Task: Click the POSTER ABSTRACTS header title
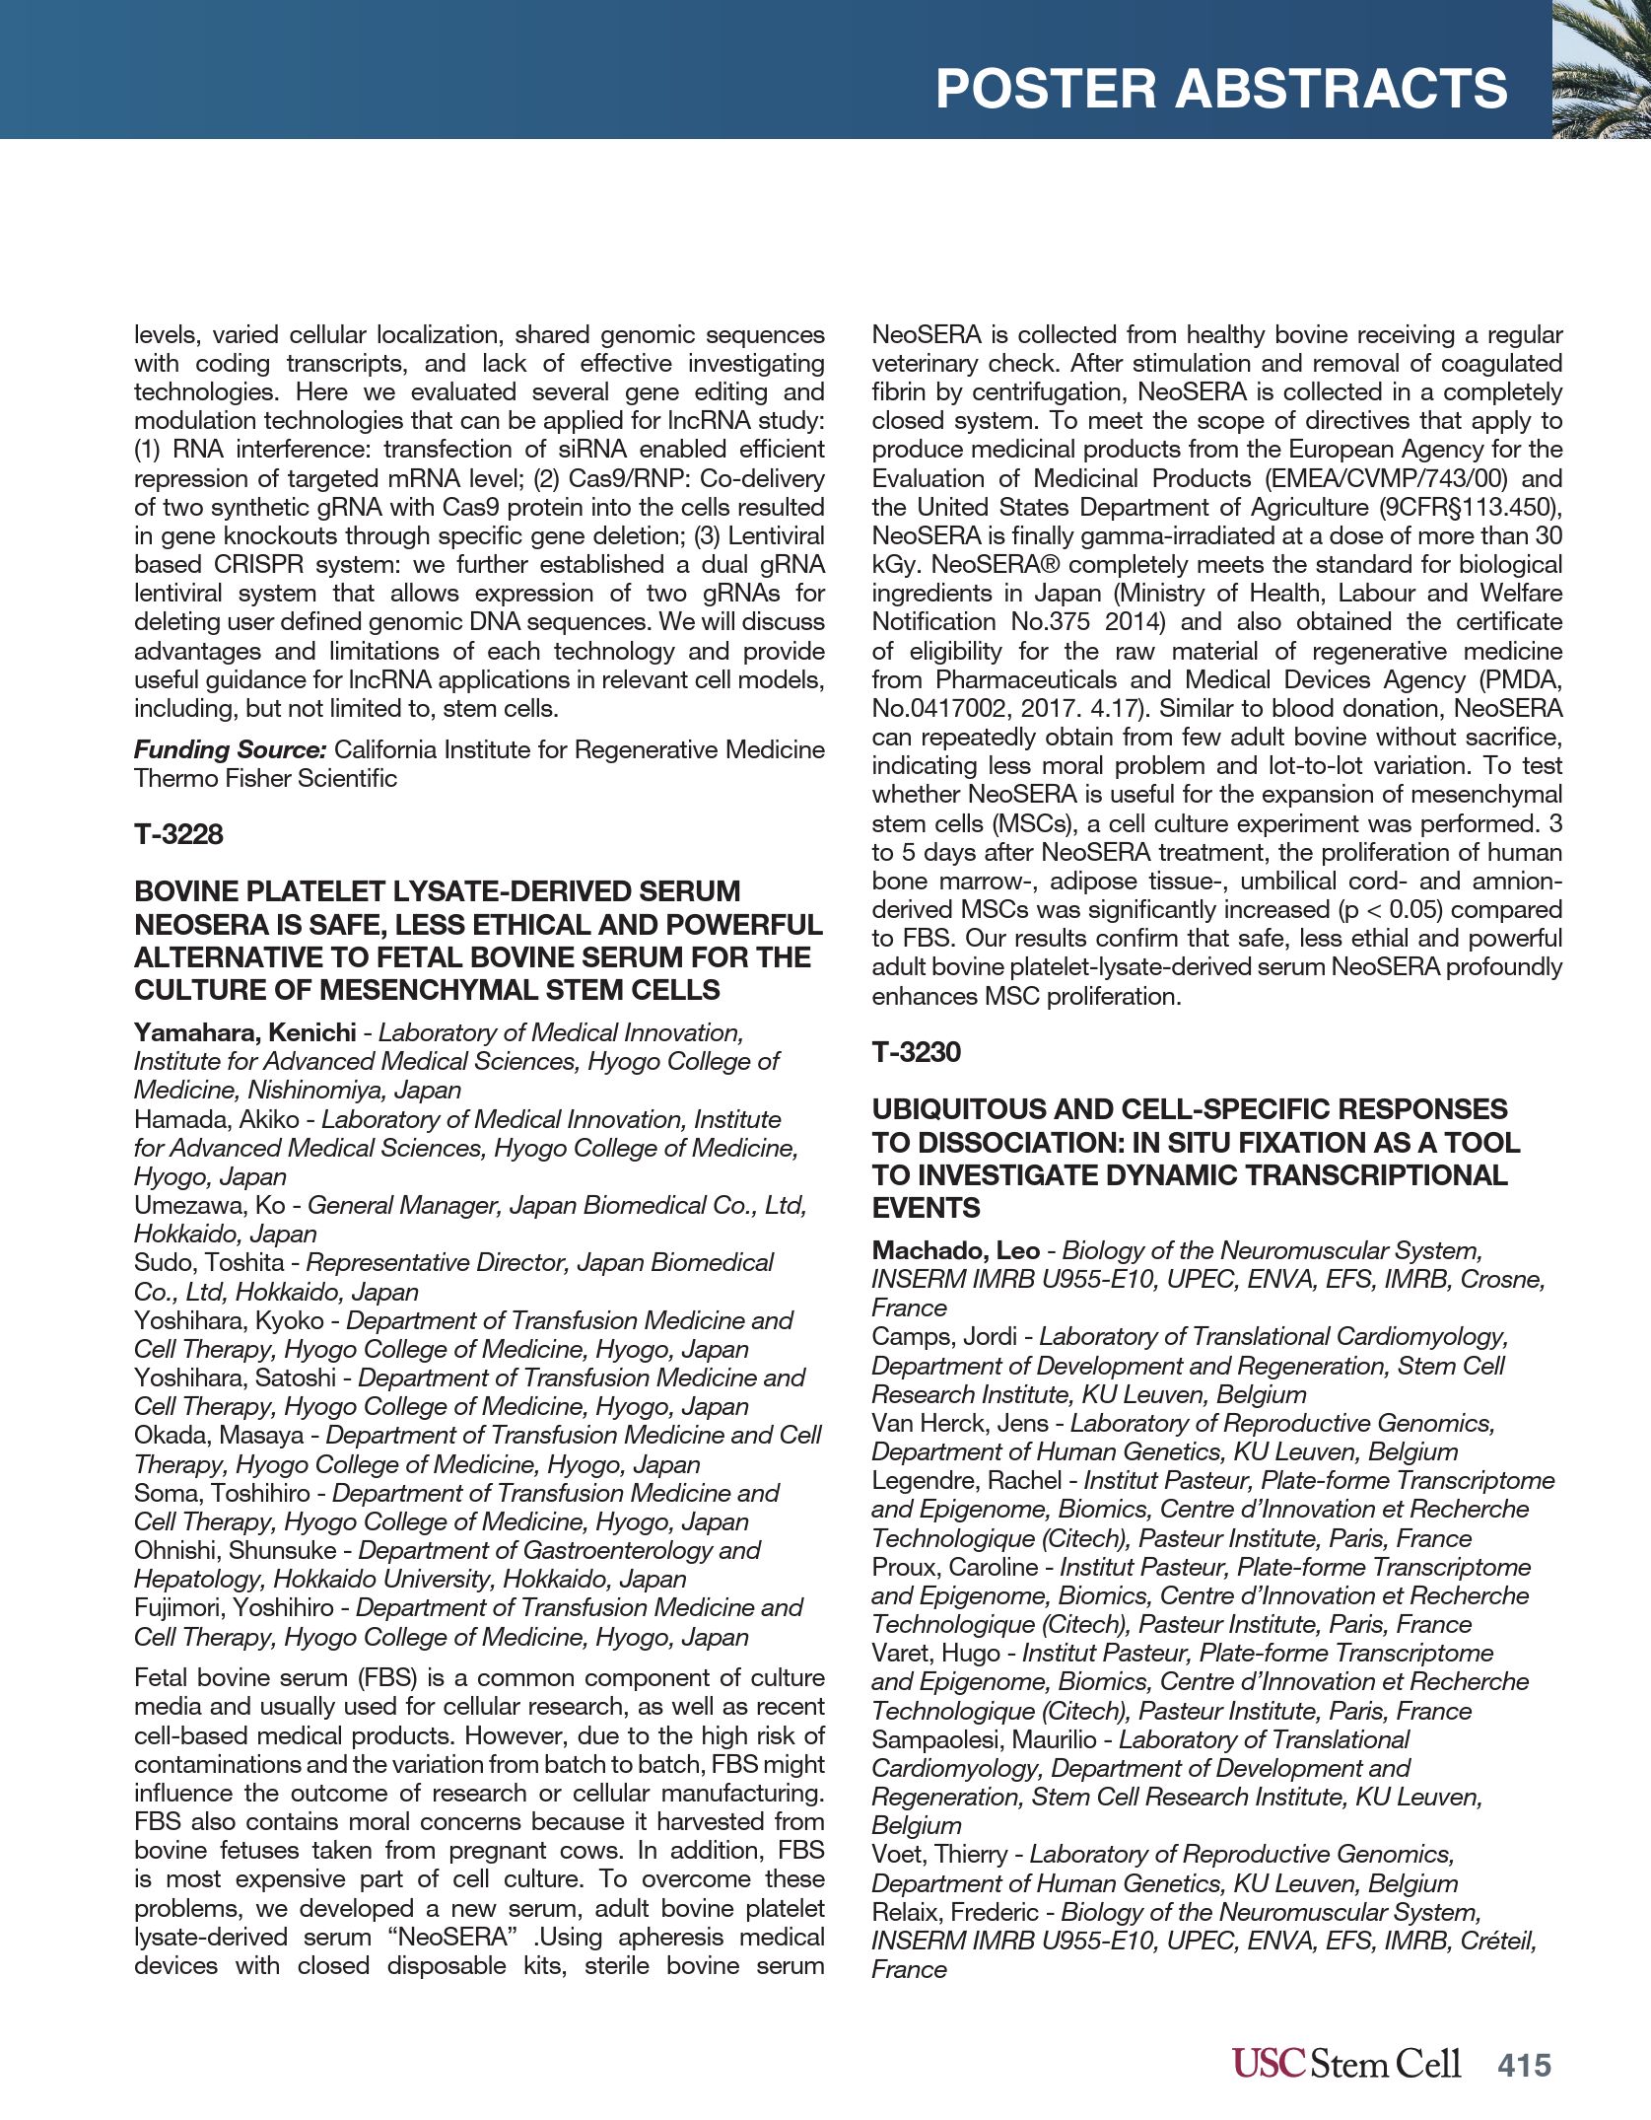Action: tap(1220, 89)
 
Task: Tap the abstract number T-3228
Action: tap(178, 834)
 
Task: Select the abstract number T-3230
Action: tap(916, 1052)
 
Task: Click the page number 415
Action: tap(1524, 2064)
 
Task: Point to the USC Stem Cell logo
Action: tap(1345, 2063)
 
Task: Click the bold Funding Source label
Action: tap(230, 749)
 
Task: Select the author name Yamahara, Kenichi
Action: tap(244, 1032)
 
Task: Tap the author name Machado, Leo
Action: tap(955, 1250)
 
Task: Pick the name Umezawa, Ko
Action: tap(209, 1205)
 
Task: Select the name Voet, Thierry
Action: tap(938, 1854)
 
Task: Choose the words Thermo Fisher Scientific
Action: tap(265, 778)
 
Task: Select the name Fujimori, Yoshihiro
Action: tap(234, 1607)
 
